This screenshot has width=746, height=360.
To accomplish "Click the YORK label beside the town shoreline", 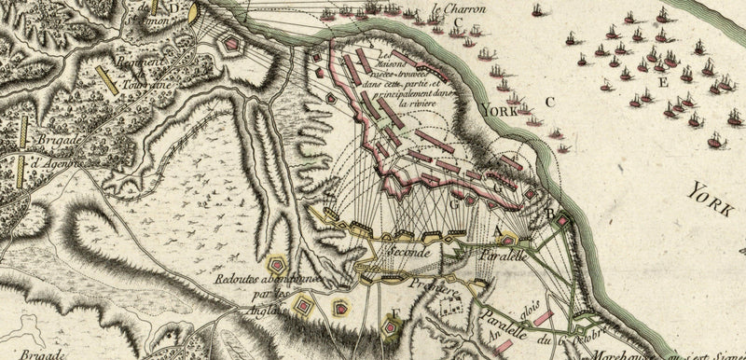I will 499,110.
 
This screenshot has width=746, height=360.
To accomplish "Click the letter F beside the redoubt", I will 394,312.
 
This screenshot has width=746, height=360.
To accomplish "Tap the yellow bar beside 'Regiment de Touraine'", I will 109,81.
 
